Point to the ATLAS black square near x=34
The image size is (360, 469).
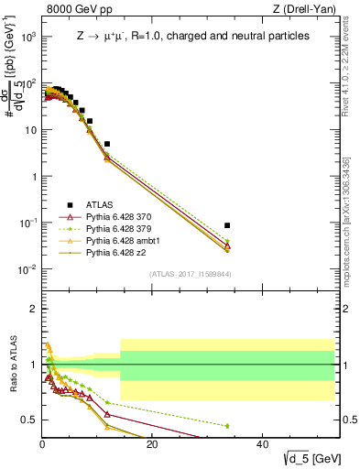[227, 225]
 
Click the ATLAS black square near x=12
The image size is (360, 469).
[107, 144]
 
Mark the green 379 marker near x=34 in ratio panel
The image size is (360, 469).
[227, 426]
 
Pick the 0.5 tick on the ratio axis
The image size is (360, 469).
[28, 420]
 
